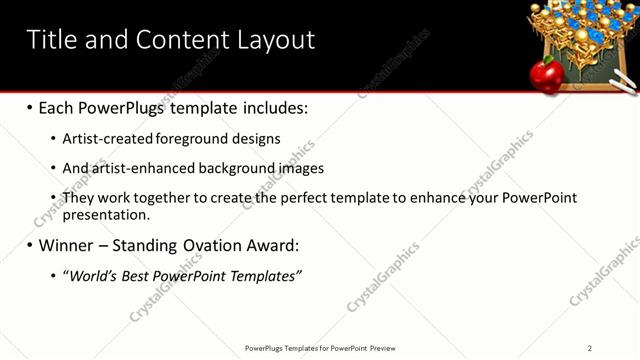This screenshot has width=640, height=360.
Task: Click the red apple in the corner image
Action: (x=546, y=73)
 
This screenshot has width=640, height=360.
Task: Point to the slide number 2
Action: (x=590, y=348)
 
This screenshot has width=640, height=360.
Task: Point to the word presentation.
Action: (x=106, y=214)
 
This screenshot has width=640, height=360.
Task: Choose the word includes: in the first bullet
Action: (x=274, y=107)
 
